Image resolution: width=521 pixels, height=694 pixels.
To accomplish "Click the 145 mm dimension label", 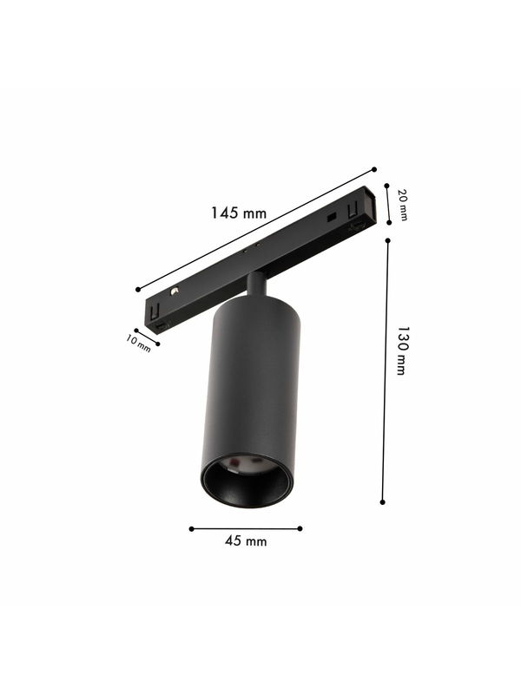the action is point(238,213).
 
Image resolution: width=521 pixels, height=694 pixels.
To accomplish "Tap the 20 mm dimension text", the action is point(403,205).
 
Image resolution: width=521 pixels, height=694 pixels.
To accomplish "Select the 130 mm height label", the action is point(401,351).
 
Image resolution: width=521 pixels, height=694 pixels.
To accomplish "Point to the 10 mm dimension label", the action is point(139,344).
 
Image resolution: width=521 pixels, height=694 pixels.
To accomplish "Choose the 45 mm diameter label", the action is point(246,540).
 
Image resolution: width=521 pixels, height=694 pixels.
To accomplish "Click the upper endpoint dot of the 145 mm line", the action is point(374,169).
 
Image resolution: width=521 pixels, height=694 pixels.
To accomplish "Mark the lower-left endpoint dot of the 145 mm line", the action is point(138,290).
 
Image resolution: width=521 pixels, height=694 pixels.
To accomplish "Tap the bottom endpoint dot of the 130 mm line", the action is point(383,502).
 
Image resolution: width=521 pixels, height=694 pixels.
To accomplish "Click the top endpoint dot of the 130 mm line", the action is point(387,240).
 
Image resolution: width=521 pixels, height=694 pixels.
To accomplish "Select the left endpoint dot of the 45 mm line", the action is point(191,528).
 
